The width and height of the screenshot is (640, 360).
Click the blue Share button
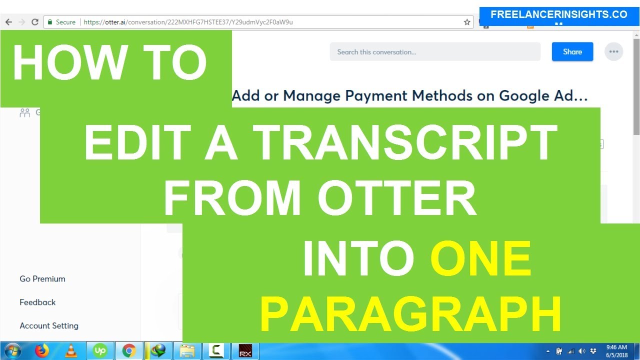coord(572,52)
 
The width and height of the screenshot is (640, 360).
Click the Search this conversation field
coord(434,52)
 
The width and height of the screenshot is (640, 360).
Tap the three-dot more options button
coord(613,52)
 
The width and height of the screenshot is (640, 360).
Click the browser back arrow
coord(8,22)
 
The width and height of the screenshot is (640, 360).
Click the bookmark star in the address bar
coord(467,22)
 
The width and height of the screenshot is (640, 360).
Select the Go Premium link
coord(42,279)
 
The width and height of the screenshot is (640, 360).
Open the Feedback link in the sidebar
coord(37,302)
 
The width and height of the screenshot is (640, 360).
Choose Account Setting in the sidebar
coord(49,326)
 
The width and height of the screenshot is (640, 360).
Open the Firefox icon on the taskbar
coord(42,351)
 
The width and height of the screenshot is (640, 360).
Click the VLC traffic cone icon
coord(71,351)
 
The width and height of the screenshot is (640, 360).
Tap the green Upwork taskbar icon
coord(100,351)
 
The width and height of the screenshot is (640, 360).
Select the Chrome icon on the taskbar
coord(129,351)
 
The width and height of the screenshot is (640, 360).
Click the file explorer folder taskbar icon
coord(187,351)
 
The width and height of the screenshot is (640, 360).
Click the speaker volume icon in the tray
coord(581,351)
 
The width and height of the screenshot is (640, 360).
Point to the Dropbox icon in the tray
coord(593,351)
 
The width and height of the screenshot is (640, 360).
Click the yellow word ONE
coord(480,260)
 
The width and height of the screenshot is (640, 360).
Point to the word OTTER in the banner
coord(397,199)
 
